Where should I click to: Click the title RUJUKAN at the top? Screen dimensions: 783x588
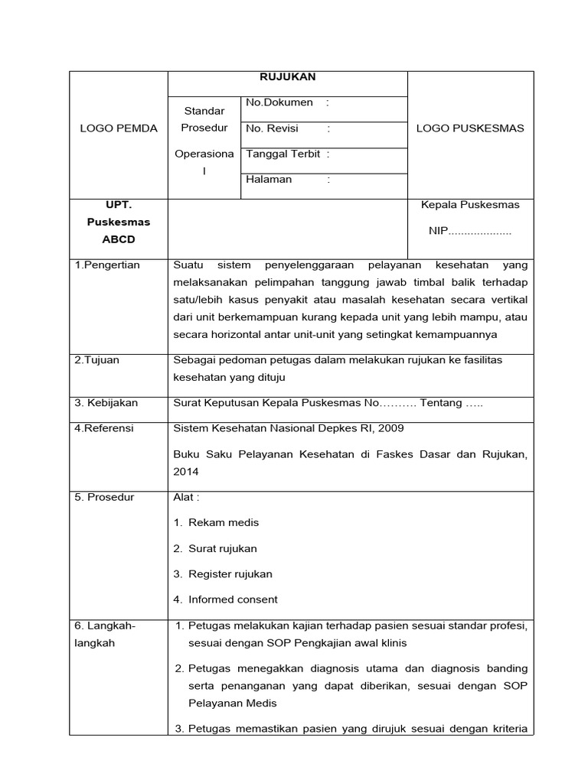click(x=287, y=76)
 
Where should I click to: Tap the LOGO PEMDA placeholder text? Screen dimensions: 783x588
click(x=119, y=128)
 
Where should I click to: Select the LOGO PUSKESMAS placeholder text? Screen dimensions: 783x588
click(x=470, y=128)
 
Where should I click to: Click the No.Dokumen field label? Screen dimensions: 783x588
click(x=279, y=102)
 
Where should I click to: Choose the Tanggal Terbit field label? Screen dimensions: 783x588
click(x=283, y=154)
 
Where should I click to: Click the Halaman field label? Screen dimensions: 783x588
click(x=269, y=180)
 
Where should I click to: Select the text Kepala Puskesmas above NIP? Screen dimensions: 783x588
click(x=470, y=205)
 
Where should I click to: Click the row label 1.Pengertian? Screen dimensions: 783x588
click(x=107, y=265)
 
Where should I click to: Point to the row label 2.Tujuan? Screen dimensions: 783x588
click(x=97, y=360)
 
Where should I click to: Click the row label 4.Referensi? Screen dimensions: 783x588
click(x=104, y=428)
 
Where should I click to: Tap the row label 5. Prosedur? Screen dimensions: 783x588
click(x=104, y=498)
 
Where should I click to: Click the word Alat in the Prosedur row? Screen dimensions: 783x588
click(x=185, y=498)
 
